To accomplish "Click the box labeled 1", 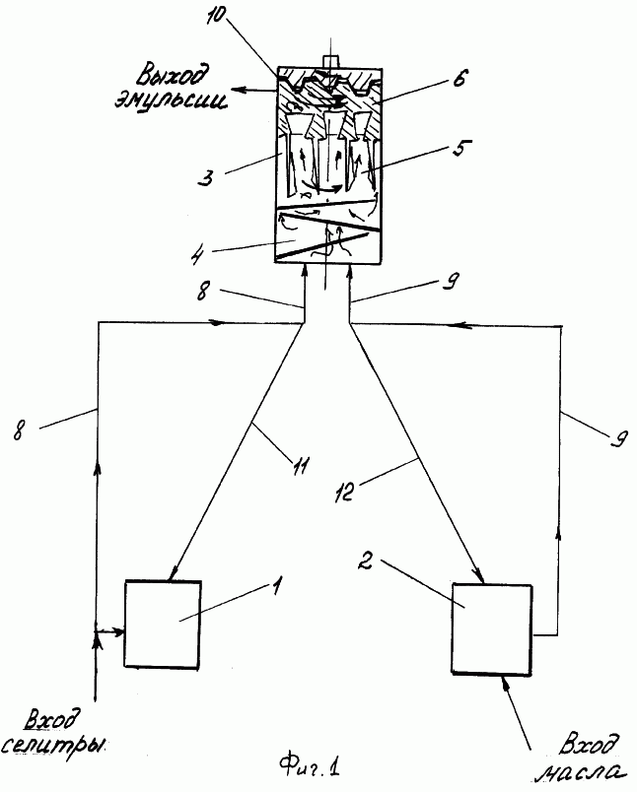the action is point(163,625).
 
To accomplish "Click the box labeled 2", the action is point(492,628).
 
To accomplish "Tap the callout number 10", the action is point(216,16).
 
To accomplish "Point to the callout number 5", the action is point(460,148).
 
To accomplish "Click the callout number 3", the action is point(206,176).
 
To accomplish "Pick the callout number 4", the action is point(198,256).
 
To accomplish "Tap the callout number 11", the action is point(300,465).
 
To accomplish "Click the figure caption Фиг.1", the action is point(310,767).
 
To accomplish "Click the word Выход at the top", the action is point(172,77).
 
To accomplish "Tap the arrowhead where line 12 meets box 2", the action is point(477,576).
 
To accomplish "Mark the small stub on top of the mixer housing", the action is point(329,61).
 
